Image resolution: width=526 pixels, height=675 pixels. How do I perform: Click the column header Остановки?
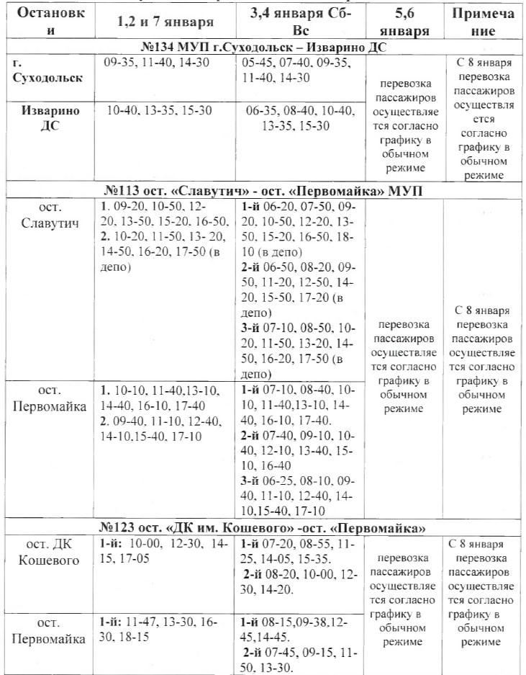click(49, 22)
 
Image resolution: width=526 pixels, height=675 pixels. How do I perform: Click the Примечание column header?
click(484, 22)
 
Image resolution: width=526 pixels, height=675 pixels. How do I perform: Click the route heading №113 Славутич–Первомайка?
click(263, 191)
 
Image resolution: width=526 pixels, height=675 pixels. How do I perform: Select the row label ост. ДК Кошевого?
click(49, 552)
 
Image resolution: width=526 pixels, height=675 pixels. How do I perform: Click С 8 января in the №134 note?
click(483, 63)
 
